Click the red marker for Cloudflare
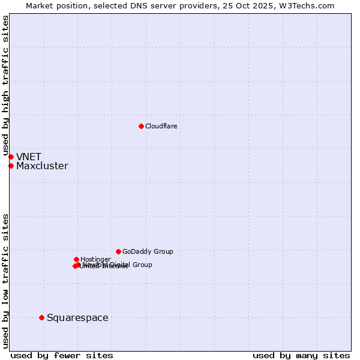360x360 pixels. [x=141, y=126]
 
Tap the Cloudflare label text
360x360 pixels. [x=161, y=126]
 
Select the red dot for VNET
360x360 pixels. [x=11, y=157]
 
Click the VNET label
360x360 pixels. [x=29, y=157]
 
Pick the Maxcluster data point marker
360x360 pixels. [x=11, y=166]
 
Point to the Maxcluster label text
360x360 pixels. [x=42, y=166]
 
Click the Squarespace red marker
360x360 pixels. [x=41, y=317]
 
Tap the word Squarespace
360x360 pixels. [x=77, y=318]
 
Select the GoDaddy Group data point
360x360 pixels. [x=118, y=251]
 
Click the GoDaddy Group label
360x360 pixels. [x=148, y=251]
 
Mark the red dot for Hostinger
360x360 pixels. [x=76, y=259]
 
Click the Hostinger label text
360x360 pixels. [x=95, y=259]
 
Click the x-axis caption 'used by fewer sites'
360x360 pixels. [x=62, y=355]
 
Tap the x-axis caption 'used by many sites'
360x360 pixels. [x=301, y=355]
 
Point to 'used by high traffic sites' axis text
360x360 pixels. [x=6, y=86]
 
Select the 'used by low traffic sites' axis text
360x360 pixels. [x=6, y=281]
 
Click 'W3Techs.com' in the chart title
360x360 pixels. [x=311, y=5]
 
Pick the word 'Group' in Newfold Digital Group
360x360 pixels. [x=142, y=265]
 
